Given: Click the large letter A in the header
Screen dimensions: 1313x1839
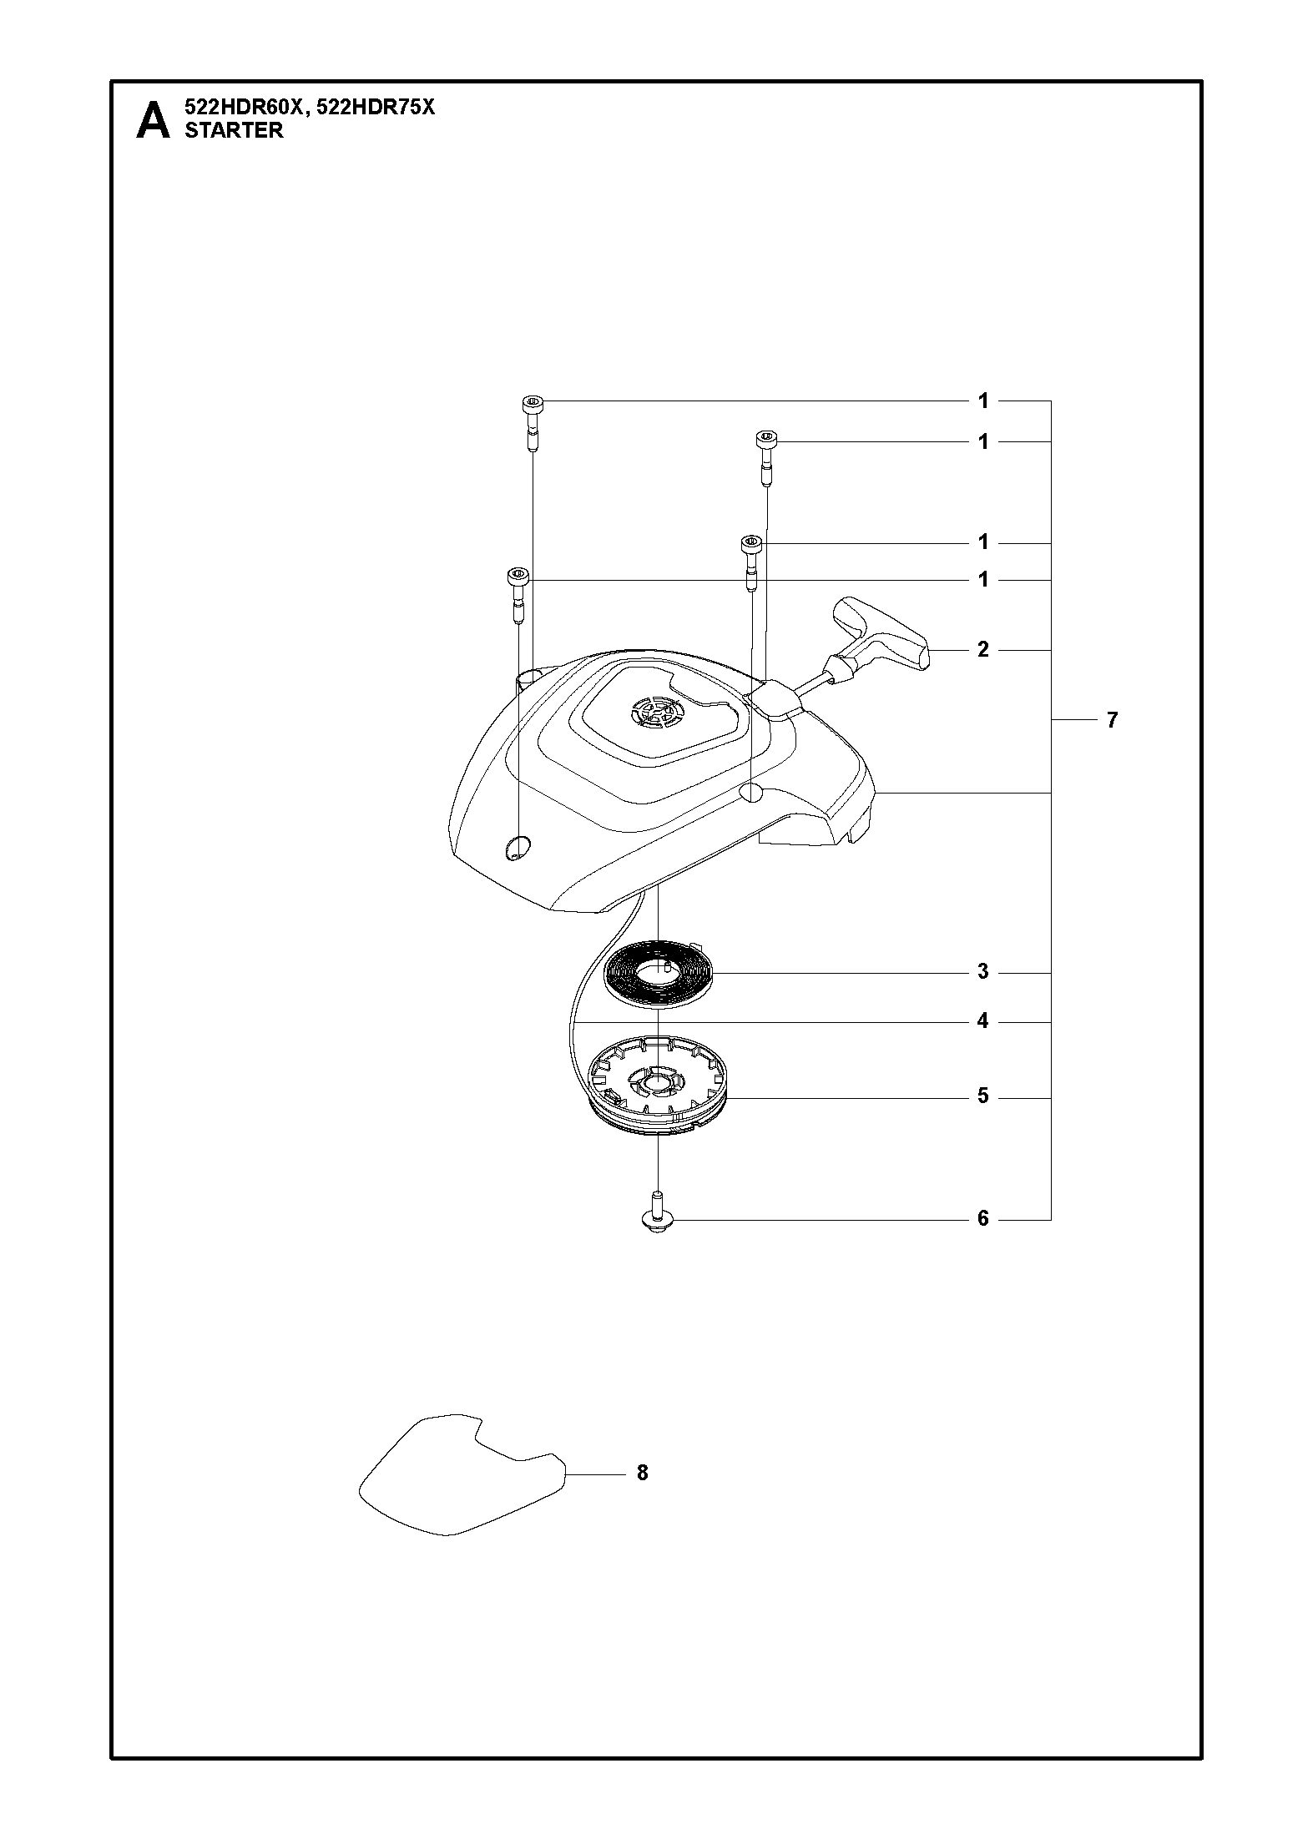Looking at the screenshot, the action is tap(153, 120).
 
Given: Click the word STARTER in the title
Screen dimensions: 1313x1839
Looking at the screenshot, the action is tap(234, 130).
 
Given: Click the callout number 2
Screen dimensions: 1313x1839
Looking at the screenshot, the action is tap(983, 649).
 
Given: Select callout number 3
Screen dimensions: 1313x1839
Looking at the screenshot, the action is tap(983, 971).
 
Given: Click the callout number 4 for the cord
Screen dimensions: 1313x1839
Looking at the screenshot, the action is tap(983, 1021).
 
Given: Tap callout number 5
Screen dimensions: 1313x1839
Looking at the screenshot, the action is tap(983, 1096).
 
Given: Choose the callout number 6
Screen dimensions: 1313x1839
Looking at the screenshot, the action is tap(983, 1219).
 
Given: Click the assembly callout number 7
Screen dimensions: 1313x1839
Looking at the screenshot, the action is tap(1112, 719).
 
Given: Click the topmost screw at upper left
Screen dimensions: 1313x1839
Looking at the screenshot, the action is tap(533, 423).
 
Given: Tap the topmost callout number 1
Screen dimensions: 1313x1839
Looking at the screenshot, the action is tap(983, 401).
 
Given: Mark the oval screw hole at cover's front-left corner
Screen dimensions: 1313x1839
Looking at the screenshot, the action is tap(518, 846).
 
